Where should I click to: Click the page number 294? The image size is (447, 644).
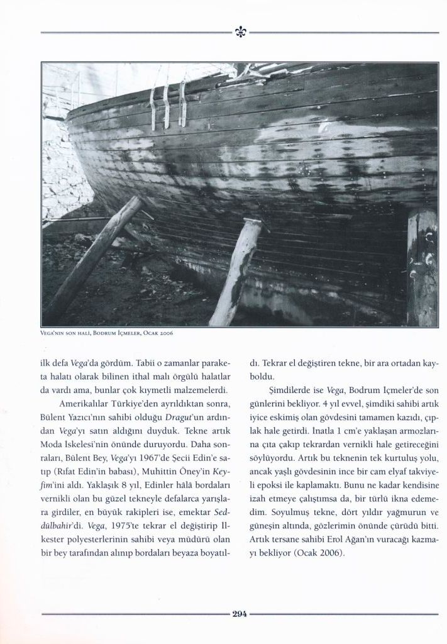click(x=240, y=614)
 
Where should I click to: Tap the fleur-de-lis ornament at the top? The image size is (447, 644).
click(x=240, y=32)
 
